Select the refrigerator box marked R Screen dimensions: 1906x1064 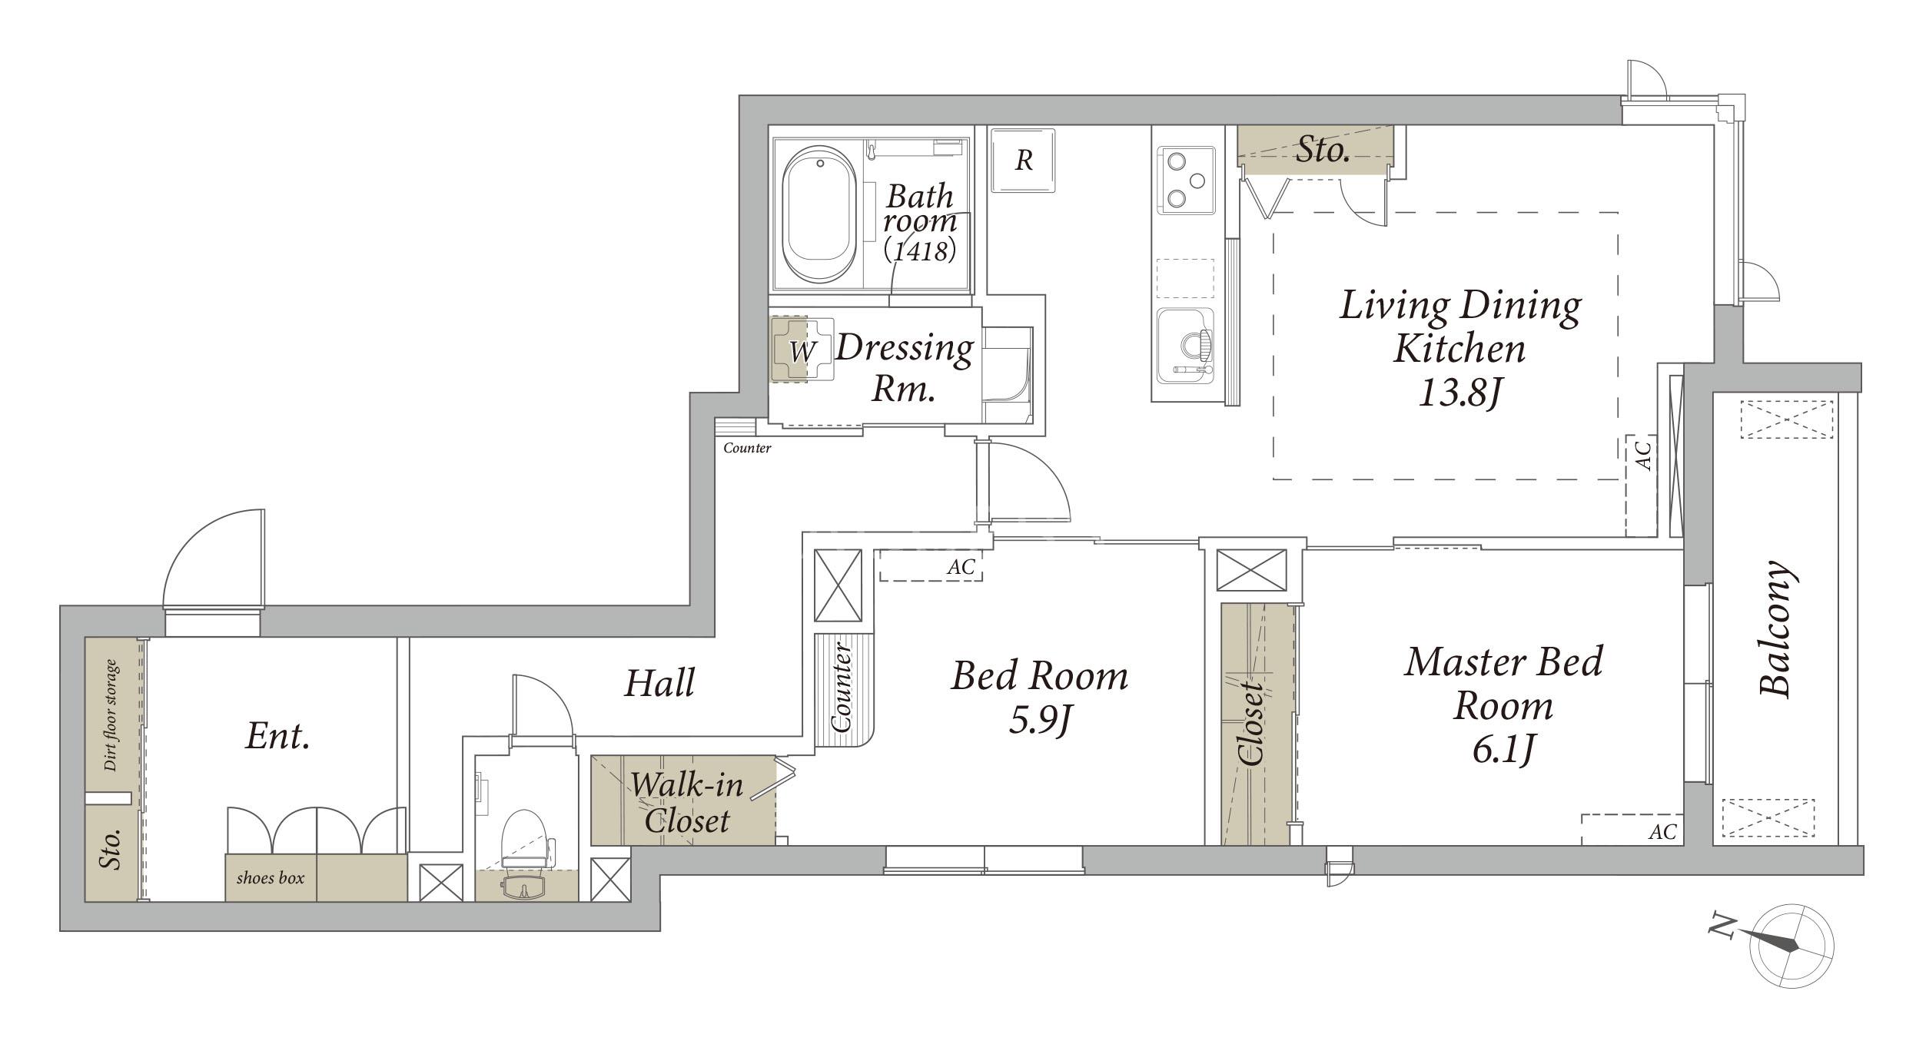click(1023, 161)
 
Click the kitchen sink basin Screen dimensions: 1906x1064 click(1186, 344)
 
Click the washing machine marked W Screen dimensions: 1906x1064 click(802, 350)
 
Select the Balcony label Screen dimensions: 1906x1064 click(1776, 629)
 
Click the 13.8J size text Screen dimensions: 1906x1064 click(1459, 394)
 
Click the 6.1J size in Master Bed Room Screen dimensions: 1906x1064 click(1503, 750)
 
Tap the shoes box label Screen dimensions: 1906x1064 click(271, 877)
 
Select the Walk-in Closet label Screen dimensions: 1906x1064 click(686, 803)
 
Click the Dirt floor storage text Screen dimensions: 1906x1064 click(112, 715)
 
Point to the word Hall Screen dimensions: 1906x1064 click(659, 683)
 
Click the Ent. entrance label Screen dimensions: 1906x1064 click(278, 737)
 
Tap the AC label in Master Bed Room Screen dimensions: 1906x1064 click(1662, 831)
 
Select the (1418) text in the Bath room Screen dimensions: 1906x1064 click(920, 250)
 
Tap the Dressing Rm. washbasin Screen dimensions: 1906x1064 click(1007, 375)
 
